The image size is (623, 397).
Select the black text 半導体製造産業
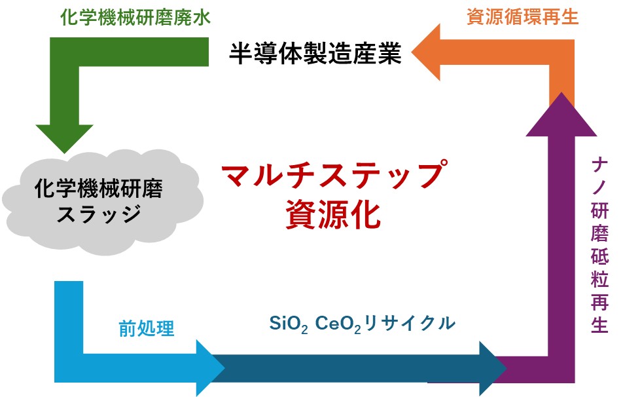pyautogui.click(x=315, y=54)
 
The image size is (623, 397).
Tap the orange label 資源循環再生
pyautogui.click(x=523, y=17)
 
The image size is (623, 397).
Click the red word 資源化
pyautogui.click(x=332, y=215)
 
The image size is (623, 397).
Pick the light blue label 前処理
pyautogui.click(x=147, y=328)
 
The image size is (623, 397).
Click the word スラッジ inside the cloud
pyautogui.click(x=99, y=214)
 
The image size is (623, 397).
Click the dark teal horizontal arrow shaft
pyautogui.click(x=353, y=368)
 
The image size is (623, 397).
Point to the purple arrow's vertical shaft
pyautogui.click(x=561, y=249)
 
